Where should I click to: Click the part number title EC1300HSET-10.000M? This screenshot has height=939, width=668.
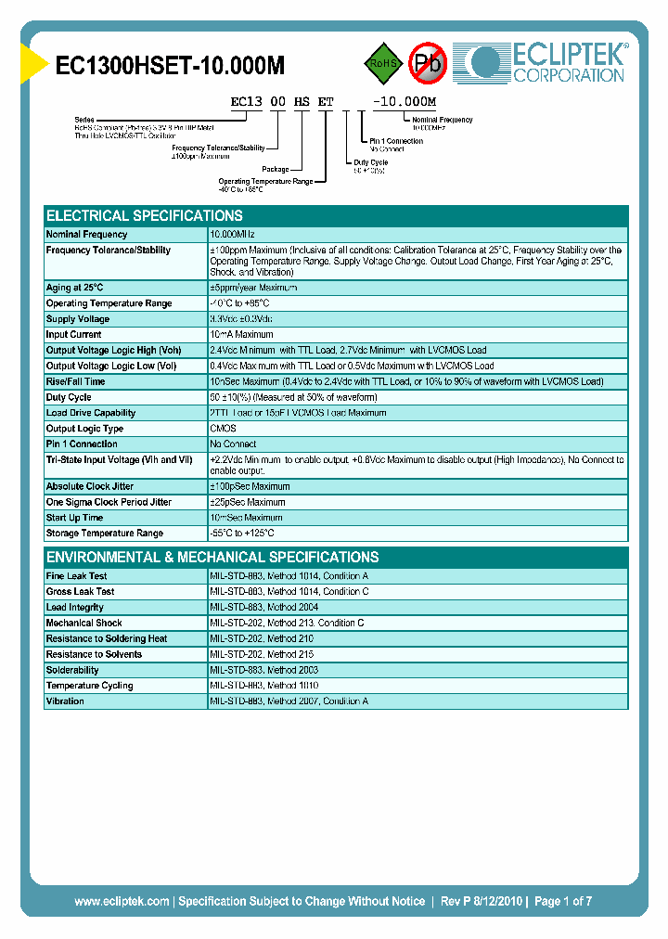(x=171, y=66)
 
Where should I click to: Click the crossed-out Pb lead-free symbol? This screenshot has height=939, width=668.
(x=428, y=62)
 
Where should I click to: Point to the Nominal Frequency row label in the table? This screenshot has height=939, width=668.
(x=86, y=235)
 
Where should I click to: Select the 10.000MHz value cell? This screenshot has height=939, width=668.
(x=232, y=235)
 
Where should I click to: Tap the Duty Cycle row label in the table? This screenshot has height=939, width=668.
(x=69, y=397)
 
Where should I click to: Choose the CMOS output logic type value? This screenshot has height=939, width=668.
(x=224, y=429)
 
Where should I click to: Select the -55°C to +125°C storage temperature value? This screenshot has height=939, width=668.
(x=242, y=534)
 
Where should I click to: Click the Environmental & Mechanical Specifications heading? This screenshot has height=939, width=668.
(x=212, y=558)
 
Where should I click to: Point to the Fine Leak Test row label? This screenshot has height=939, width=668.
(x=76, y=576)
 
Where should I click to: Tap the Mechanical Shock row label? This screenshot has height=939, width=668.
(x=83, y=624)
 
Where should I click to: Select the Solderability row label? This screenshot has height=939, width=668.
(x=72, y=670)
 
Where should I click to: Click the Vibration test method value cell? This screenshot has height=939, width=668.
(x=289, y=701)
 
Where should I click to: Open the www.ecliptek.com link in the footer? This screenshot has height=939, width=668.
(x=122, y=901)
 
